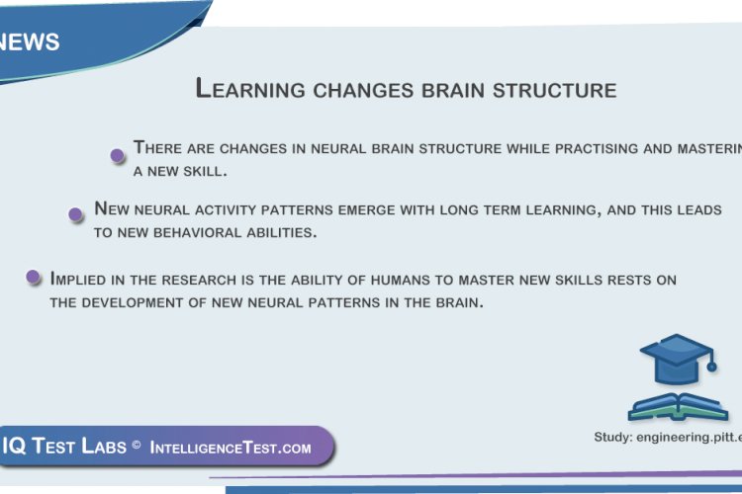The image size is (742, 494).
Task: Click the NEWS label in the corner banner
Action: pyautogui.click(x=30, y=41)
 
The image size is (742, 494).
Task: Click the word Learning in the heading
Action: pyautogui.click(x=251, y=89)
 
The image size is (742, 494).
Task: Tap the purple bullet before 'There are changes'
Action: pyautogui.click(x=117, y=154)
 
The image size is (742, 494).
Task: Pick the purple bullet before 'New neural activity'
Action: pyautogui.click(x=75, y=214)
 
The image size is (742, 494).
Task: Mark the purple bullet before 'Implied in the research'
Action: pyautogui.click(x=33, y=278)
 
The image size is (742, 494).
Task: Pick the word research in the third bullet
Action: pyautogui.click(x=198, y=280)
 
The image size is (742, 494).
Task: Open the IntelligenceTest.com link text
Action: pyautogui.click(x=231, y=448)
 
